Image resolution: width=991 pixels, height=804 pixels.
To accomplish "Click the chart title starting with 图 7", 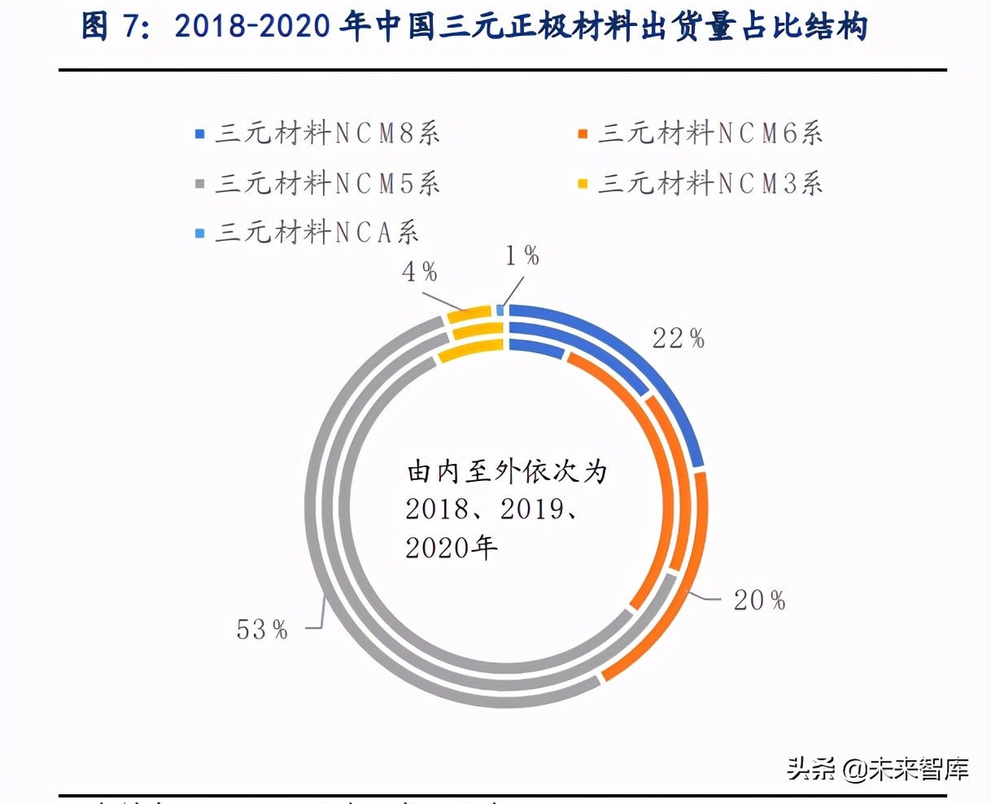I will tap(474, 26).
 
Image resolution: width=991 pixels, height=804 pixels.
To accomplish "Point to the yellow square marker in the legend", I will tap(583, 184).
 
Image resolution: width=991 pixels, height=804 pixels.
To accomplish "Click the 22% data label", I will tap(678, 338).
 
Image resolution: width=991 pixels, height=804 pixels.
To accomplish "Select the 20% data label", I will tap(759, 601).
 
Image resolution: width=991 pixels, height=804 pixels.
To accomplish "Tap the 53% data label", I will tap(262, 629).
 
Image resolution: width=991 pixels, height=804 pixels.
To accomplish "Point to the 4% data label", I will tap(419, 272).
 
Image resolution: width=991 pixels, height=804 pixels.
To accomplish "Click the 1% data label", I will tap(522, 256).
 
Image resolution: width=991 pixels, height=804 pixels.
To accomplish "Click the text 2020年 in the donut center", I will tap(452, 547).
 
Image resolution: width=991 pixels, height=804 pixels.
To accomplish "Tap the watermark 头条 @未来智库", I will tap(877, 768).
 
